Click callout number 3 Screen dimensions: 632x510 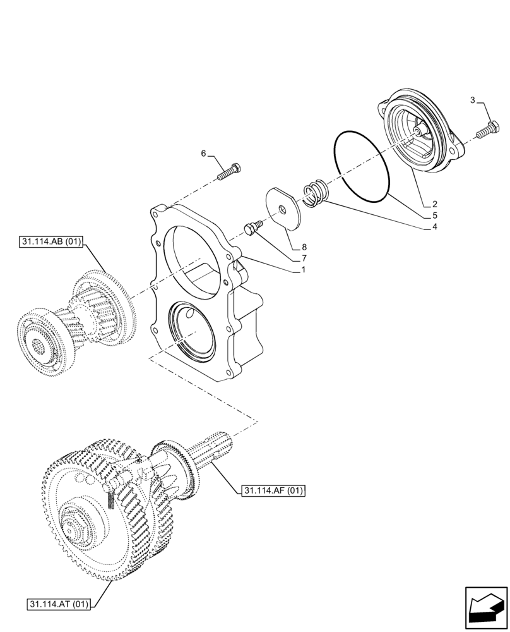[473, 100]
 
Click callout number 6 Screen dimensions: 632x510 [203, 154]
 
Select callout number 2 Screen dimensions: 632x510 [435, 204]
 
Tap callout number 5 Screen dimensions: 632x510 [435, 216]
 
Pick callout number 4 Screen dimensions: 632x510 [435, 226]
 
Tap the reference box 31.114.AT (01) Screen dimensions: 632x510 [60, 604]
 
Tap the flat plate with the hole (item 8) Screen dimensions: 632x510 [283, 206]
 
